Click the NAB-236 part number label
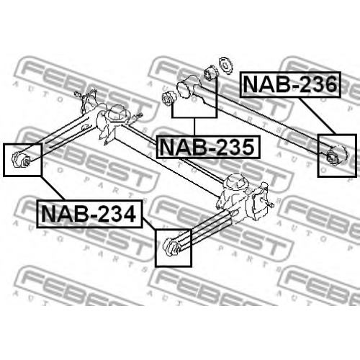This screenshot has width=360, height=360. tap(290, 84)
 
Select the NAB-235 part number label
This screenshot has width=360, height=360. tap(208, 147)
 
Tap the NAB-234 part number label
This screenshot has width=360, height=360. tap(89, 214)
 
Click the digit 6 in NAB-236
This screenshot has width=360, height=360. tap(328, 84)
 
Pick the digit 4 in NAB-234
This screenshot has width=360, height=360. tap(127, 214)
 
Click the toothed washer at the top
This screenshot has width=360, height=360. tap(226, 66)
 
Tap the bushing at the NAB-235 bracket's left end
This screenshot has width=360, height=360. tap(169, 99)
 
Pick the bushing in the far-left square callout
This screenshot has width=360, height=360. tap(21, 159)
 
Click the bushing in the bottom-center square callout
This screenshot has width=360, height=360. tap(171, 247)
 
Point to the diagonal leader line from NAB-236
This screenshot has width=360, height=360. tap(317, 116)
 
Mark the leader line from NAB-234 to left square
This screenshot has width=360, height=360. tap(53, 189)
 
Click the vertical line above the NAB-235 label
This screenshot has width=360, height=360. tap(194, 127)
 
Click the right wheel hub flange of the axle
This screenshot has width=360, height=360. tap(260, 201)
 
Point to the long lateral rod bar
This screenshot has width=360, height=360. tap(264, 119)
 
